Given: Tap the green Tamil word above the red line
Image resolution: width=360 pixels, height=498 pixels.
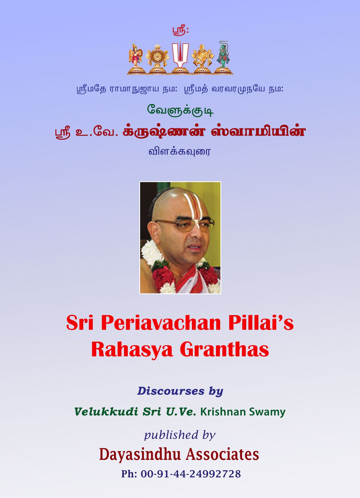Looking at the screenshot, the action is pyautogui.click(x=180, y=110).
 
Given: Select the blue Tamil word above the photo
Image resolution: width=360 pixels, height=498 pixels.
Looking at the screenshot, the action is pyautogui.click(x=180, y=151).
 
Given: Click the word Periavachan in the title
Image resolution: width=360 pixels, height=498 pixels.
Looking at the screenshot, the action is pyautogui.click(x=161, y=323).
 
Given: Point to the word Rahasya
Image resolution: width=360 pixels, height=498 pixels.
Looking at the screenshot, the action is pyautogui.click(x=132, y=350).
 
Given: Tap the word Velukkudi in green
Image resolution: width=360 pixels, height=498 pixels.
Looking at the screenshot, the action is pyautogui.click(x=106, y=412).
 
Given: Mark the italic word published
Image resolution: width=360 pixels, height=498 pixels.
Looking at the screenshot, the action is pyautogui.click(x=171, y=435).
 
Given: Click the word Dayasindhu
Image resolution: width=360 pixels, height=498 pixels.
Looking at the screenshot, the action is pyautogui.click(x=140, y=455).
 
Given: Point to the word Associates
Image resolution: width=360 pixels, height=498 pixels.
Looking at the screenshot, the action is pyautogui.click(x=222, y=454).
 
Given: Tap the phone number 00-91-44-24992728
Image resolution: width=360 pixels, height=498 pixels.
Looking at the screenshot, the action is pyautogui.click(x=191, y=474).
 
